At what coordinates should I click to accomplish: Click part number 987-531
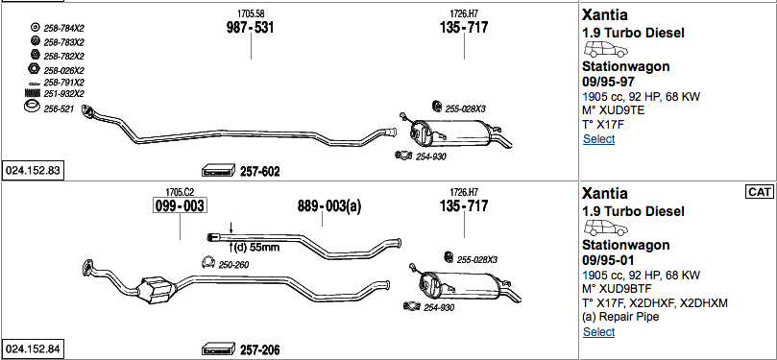click(251, 28)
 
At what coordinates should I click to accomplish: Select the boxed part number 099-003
click(180, 206)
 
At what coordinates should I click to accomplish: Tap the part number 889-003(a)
click(329, 206)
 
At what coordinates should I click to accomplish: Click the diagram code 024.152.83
click(33, 171)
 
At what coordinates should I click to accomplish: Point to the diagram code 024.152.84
click(33, 349)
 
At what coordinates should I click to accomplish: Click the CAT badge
click(759, 192)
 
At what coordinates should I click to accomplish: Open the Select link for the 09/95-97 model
click(598, 139)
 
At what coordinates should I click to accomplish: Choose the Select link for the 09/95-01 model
click(598, 332)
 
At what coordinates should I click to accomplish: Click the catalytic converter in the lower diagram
click(158, 289)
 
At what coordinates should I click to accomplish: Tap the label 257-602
click(260, 172)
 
